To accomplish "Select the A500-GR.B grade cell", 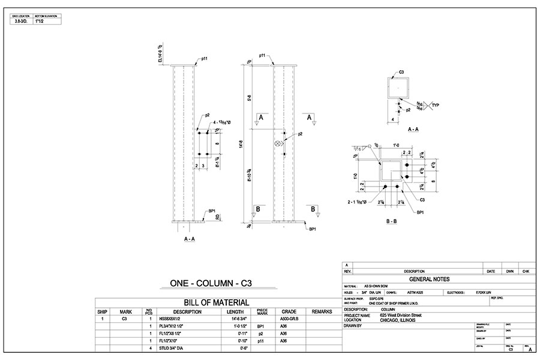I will point(290,319).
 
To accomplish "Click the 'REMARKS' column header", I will point(322,311).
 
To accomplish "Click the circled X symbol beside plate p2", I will point(278,144).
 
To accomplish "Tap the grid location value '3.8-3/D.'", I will point(22,21).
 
